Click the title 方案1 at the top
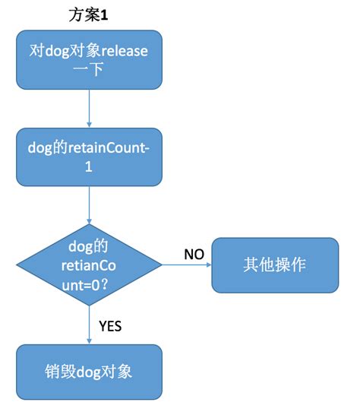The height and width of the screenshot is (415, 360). [90, 14]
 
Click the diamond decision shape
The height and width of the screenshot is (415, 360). [89, 265]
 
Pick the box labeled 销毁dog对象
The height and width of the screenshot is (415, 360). [89, 372]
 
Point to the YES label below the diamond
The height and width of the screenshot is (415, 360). [111, 326]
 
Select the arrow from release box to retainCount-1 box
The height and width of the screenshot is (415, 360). [89, 109]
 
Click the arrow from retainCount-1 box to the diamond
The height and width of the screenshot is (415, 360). [89, 205]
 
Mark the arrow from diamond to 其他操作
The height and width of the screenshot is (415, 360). [187, 265]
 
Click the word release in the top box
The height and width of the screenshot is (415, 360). [121, 52]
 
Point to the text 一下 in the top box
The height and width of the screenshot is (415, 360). [89, 73]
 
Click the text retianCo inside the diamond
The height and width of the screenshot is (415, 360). [89, 265]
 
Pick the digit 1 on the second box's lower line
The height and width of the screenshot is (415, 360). [89, 169]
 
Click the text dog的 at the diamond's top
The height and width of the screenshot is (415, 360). [89, 246]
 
